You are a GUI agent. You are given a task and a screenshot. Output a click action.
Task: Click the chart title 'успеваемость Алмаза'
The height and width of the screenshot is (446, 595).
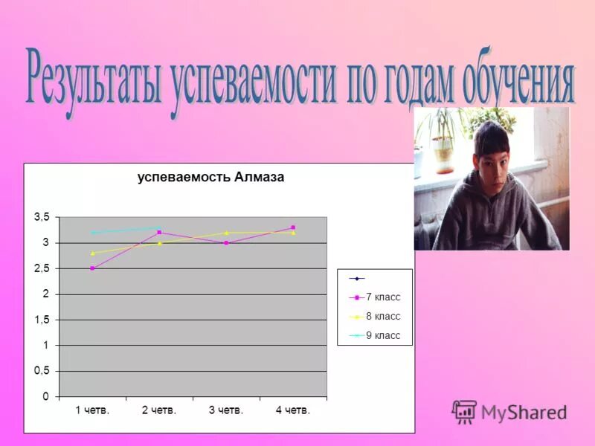210,178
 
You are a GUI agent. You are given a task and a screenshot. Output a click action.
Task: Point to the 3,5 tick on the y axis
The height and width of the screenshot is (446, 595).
42,217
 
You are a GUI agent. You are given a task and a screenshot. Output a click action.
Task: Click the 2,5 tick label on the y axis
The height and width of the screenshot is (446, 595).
42,268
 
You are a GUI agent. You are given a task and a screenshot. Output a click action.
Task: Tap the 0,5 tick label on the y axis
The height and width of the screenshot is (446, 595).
42,371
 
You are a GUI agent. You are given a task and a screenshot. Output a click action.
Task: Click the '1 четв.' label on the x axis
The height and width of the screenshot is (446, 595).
92,410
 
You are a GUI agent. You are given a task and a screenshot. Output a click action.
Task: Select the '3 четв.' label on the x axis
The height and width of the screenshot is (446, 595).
226,410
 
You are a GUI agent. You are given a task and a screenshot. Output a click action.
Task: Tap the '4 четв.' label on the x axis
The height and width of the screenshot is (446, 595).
293,410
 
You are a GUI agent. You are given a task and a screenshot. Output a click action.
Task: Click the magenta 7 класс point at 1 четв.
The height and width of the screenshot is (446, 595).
92,268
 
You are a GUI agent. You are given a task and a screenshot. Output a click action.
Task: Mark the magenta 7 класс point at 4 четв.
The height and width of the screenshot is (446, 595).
293,227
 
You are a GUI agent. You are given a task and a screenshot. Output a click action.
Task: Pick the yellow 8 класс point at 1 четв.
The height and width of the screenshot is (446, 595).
92,253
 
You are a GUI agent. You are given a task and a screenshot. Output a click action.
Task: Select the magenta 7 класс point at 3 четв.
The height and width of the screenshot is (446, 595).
226,243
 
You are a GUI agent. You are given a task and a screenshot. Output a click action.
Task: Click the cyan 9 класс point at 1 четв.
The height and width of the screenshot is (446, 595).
92,233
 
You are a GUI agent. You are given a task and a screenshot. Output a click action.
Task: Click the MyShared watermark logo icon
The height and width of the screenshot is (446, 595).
465,412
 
